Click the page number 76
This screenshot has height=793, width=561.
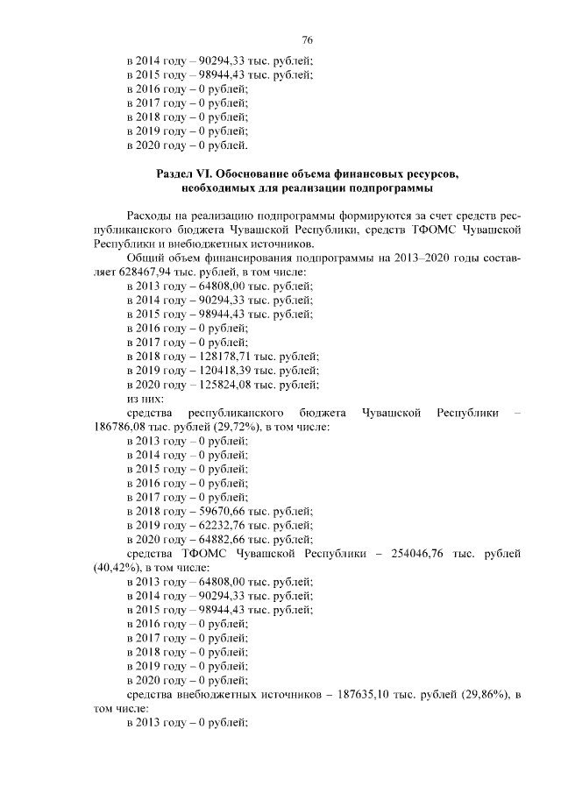coord(307,40)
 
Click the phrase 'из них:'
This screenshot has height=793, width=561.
coord(145,399)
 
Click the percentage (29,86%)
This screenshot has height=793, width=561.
coord(479,694)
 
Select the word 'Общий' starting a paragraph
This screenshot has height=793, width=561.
coord(146,258)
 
